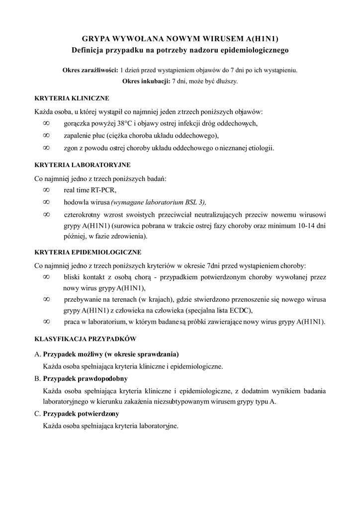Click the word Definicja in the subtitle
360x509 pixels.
(x=91, y=50)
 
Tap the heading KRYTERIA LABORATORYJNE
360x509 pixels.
(x=82, y=165)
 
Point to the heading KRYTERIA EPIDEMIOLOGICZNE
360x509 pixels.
(x=88, y=252)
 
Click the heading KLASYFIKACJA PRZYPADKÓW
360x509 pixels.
(x=85, y=339)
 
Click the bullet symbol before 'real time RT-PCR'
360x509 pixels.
(x=46, y=189)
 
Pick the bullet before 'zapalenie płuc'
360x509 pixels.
(x=46, y=135)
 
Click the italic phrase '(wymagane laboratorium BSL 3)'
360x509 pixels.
(x=158, y=202)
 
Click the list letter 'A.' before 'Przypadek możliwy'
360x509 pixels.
(x=37, y=354)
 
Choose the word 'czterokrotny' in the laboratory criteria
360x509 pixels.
(x=83, y=215)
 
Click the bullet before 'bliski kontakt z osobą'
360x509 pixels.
(x=46, y=276)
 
